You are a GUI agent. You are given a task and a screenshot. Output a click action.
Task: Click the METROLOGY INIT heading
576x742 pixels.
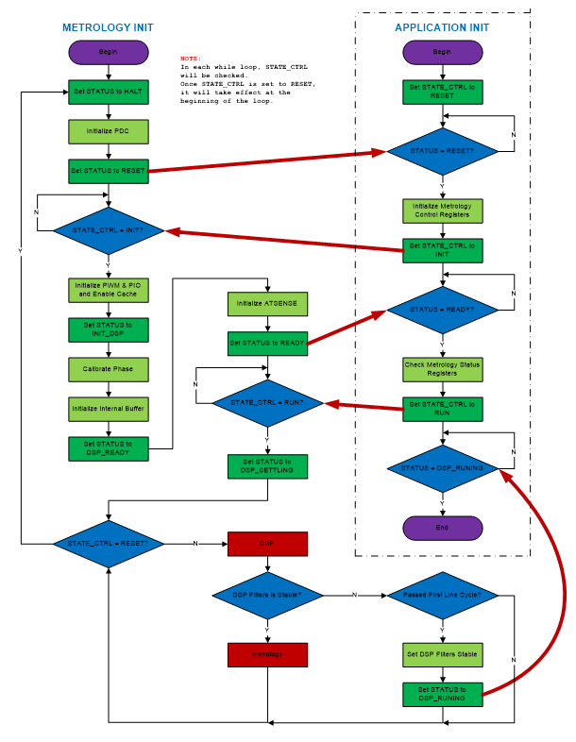pos(108,27)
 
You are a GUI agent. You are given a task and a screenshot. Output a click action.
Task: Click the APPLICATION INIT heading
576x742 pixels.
pos(442,27)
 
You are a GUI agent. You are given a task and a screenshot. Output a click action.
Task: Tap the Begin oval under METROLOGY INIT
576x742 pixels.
pos(109,52)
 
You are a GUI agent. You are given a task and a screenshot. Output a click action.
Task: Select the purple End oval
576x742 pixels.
pos(442,527)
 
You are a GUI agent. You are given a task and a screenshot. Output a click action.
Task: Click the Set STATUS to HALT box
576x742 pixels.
pos(109,92)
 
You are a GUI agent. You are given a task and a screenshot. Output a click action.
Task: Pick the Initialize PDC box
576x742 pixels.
pos(109,130)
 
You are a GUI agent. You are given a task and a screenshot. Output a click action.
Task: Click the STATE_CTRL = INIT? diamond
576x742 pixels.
pos(109,230)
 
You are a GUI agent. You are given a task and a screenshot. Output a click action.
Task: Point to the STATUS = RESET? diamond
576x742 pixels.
pos(442,151)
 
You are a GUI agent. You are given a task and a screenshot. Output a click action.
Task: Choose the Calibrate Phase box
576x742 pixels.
pos(109,369)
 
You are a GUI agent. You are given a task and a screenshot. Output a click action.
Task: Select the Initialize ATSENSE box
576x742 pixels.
pos(268,304)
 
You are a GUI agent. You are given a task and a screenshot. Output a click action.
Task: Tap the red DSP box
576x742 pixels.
pos(268,544)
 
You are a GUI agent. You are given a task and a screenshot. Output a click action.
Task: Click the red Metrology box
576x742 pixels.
pos(268,654)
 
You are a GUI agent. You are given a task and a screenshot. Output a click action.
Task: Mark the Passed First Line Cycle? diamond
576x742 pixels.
pos(442,595)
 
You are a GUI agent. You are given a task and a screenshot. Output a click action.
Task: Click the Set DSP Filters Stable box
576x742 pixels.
pos(442,654)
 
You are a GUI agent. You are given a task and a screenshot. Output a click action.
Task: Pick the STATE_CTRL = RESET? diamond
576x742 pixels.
pos(109,544)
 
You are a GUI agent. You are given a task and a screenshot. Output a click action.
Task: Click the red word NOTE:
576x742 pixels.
pos(191,58)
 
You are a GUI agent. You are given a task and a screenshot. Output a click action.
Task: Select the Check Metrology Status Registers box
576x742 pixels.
pos(442,369)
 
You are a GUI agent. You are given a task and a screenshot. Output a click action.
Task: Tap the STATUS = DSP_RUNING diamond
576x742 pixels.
pos(442,467)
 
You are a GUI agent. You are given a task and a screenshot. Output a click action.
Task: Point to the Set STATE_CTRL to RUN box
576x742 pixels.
pos(442,409)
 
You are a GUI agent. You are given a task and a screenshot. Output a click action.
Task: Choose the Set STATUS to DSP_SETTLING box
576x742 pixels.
pos(268,467)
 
